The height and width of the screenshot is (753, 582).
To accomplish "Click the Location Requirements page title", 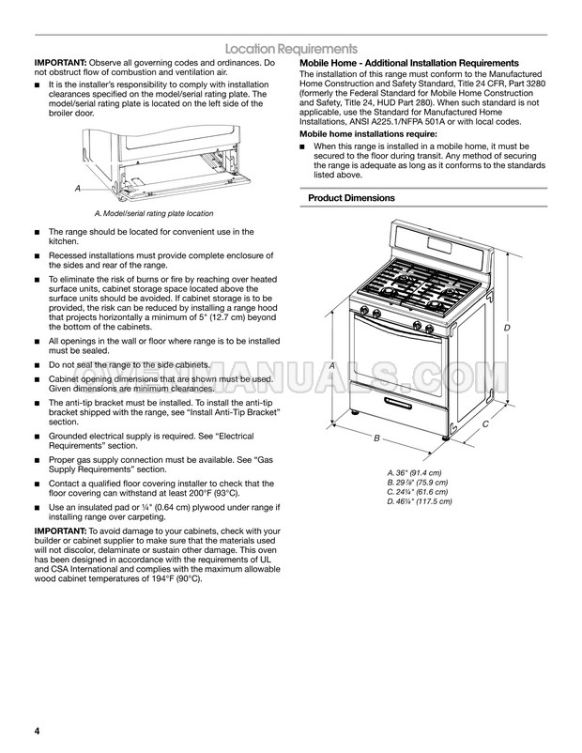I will pos(290,48).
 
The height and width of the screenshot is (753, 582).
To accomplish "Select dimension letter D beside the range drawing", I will pos(506,327).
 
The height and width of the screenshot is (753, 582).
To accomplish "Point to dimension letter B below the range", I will pos(376,438).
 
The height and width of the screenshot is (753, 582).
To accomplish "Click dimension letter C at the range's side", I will pos(485,424).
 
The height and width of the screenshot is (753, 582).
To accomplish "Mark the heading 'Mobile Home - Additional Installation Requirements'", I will pos(408,62).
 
